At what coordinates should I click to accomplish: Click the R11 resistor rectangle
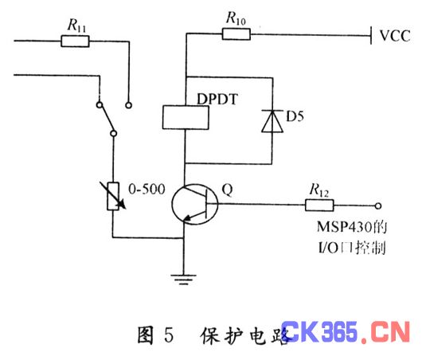[x=75, y=41]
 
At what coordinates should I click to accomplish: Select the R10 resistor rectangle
[x=236, y=34]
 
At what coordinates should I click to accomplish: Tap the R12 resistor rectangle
[x=319, y=205]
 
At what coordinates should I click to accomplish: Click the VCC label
[x=395, y=36]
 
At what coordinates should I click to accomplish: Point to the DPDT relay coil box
[x=186, y=117]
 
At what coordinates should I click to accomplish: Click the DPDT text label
[x=217, y=99]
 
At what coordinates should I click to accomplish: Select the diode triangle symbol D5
[x=272, y=121]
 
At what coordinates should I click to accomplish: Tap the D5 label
[x=295, y=116]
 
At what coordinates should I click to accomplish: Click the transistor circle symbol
[x=195, y=204]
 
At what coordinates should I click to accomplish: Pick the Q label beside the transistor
[x=227, y=190]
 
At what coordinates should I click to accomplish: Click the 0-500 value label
[x=147, y=189]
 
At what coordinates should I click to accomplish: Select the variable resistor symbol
[x=113, y=196]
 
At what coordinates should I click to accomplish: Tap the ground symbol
[x=184, y=280]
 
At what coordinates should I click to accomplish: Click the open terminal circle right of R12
[x=378, y=206]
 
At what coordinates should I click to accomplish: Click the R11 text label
[x=76, y=25]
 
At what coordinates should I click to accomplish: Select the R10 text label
[x=236, y=18]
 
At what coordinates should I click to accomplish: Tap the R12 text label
[x=319, y=190]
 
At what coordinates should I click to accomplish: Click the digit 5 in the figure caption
[x=169, y=335]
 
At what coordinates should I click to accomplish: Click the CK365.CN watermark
[x=346, y=332]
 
